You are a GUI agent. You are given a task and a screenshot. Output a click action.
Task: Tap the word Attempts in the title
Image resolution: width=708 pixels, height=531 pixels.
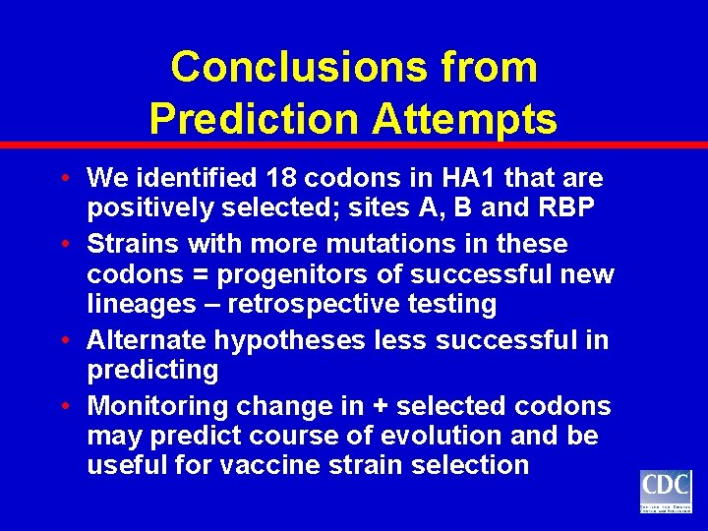coord(465,119)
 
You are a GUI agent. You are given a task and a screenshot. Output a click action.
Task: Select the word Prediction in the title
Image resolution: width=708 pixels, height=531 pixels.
coord(256,119)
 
